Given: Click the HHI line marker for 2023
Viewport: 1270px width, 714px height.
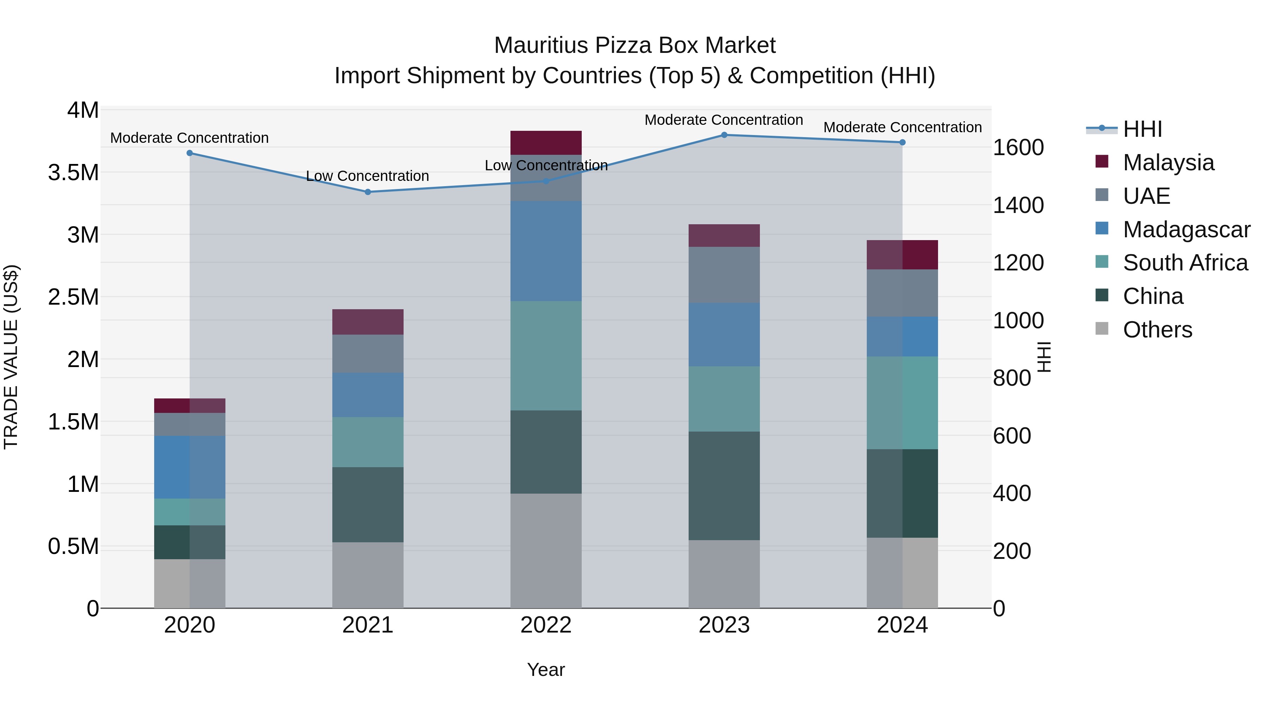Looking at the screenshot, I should tap(724, 135).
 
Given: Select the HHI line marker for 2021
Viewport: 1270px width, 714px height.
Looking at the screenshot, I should tap(368, 192).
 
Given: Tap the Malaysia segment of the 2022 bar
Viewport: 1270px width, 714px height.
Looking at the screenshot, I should tap(546, 143).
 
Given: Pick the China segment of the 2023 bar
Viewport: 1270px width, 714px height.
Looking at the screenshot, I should tap(724, 486).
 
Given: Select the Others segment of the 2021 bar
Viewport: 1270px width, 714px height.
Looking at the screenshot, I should tap(368, 575).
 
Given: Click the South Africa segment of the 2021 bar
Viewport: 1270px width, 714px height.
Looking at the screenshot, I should tap(368, 442).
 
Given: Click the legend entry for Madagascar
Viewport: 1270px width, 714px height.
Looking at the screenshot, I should tap(1186, 230).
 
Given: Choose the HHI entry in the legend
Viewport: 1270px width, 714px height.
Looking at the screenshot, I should tap(1142, 129).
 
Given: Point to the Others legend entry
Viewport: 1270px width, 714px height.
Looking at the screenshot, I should tap(1157, 330).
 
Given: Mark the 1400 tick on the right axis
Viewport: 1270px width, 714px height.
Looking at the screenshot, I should tap(1017, 206).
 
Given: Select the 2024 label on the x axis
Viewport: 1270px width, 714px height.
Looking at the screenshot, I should tap(902, 625).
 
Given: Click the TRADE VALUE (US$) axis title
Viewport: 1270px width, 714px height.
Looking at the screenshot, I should tap(11, 357).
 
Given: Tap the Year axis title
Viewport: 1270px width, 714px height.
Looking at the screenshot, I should tap(546, 670).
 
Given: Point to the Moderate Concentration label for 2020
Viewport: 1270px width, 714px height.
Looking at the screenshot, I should tap(189, 138).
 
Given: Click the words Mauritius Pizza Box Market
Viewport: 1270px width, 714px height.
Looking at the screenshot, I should tap(635, 45).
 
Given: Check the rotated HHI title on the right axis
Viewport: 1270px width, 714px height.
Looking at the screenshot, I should tap(1044, 357).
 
